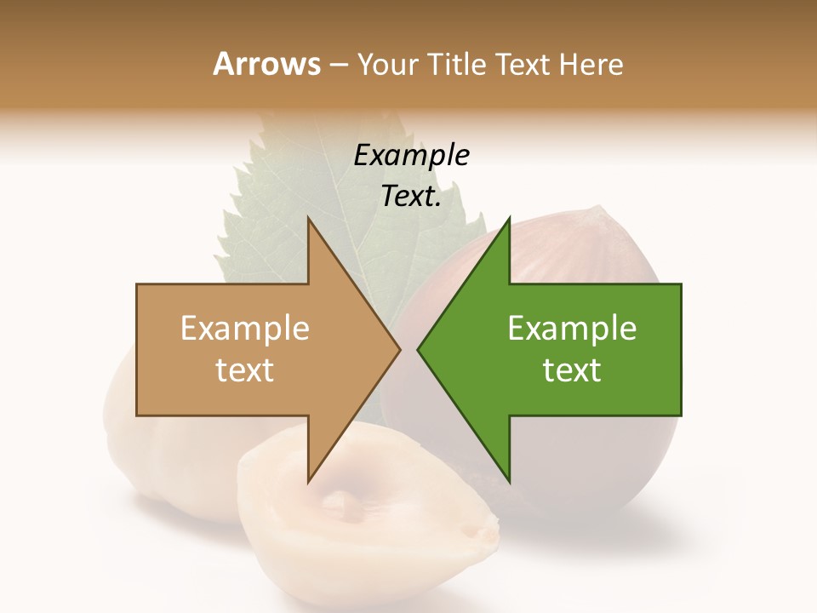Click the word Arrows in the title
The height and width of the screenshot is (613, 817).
click(x=266, y=64)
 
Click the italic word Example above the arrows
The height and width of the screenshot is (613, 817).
click(x=411, y=155)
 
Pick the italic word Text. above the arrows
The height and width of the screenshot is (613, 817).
click(x=411, y=197)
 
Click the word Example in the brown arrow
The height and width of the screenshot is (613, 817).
click(x=244, y=328)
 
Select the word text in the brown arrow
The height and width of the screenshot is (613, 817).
click(x=244, y=370)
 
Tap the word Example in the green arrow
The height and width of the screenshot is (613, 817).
click(x=572, y=328)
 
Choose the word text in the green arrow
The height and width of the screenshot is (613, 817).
click(x=572, y=370)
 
